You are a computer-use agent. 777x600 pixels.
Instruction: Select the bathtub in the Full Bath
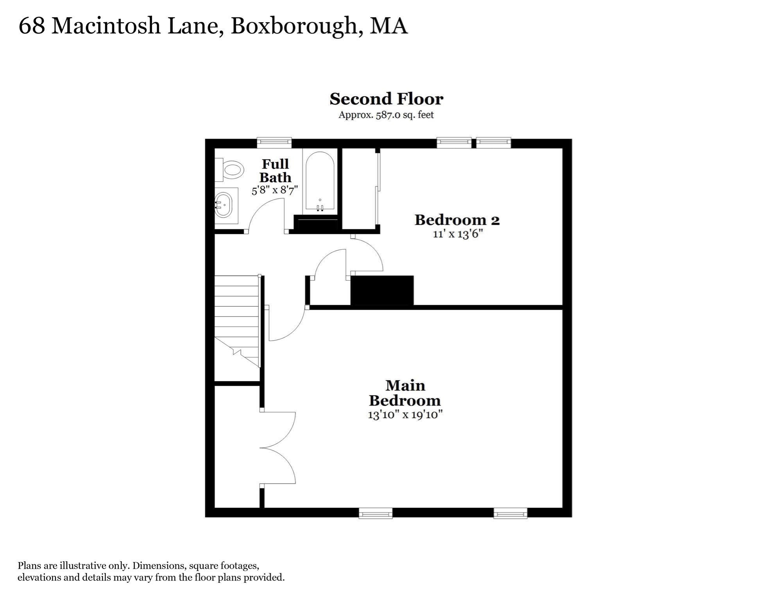320,182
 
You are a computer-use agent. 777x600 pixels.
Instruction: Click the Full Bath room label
275,171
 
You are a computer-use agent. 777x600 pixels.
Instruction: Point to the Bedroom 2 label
457,220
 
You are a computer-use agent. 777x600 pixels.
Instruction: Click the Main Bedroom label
405,393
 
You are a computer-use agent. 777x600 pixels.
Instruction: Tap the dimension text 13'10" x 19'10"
405,414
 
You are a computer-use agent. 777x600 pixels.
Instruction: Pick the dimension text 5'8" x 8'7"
275,190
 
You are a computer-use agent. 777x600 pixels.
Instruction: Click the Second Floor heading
386,99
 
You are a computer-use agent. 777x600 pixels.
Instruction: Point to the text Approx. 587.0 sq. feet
386,115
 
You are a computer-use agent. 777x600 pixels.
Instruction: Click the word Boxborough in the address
294,26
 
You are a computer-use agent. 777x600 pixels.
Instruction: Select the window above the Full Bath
274,143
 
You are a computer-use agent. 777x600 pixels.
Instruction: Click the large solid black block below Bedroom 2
382,290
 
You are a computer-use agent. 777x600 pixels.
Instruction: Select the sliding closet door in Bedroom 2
378,189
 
